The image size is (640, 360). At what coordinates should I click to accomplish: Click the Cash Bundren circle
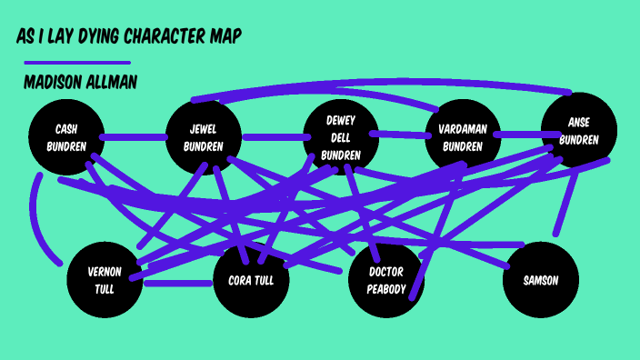point(65,136)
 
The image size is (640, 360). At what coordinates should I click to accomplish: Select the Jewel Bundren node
point(203,137)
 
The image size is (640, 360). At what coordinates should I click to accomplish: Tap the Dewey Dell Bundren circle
point(340,136)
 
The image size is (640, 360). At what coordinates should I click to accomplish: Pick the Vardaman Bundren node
point(465,137)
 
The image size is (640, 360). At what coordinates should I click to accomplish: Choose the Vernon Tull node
point(105,280)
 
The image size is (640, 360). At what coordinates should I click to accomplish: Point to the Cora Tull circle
point(251,280)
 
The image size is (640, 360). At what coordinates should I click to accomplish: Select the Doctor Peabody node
point(386,280)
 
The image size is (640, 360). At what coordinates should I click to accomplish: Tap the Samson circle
point(540,280)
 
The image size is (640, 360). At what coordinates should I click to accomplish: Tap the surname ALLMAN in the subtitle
point(113,83)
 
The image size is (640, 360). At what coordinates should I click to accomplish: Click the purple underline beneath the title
point(76,63)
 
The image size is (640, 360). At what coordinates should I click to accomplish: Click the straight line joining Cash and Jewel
point(134,137)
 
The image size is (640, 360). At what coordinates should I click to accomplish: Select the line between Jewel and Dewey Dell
point(272,138)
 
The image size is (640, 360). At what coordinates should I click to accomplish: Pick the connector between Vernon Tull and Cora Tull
point(178,283)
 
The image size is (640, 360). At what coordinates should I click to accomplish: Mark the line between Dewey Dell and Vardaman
point(401,135)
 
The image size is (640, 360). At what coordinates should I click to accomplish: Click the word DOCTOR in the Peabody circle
point(386,272)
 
